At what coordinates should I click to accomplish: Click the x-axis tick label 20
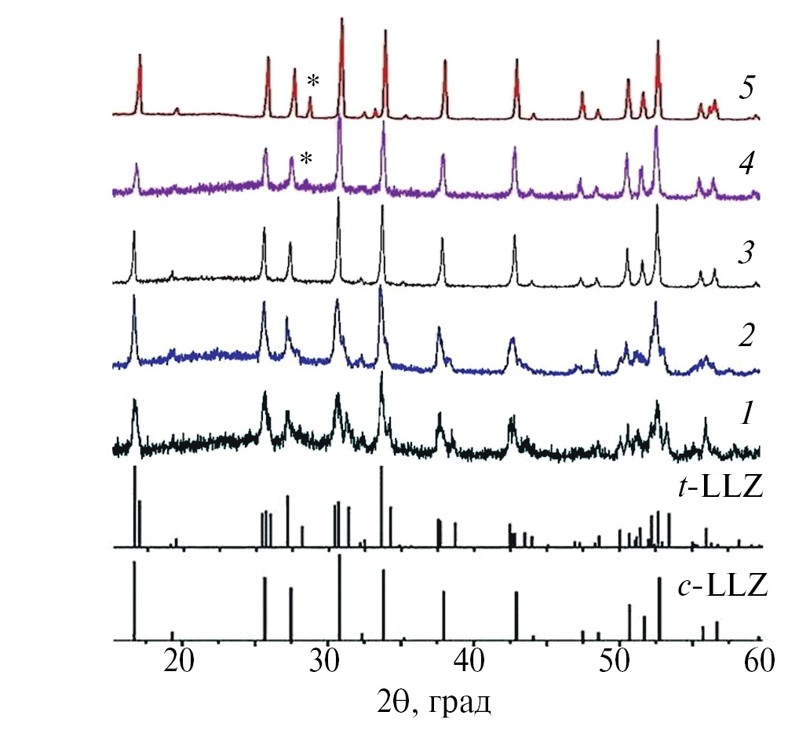(181, 661)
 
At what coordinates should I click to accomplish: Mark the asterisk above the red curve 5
(313, 81)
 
